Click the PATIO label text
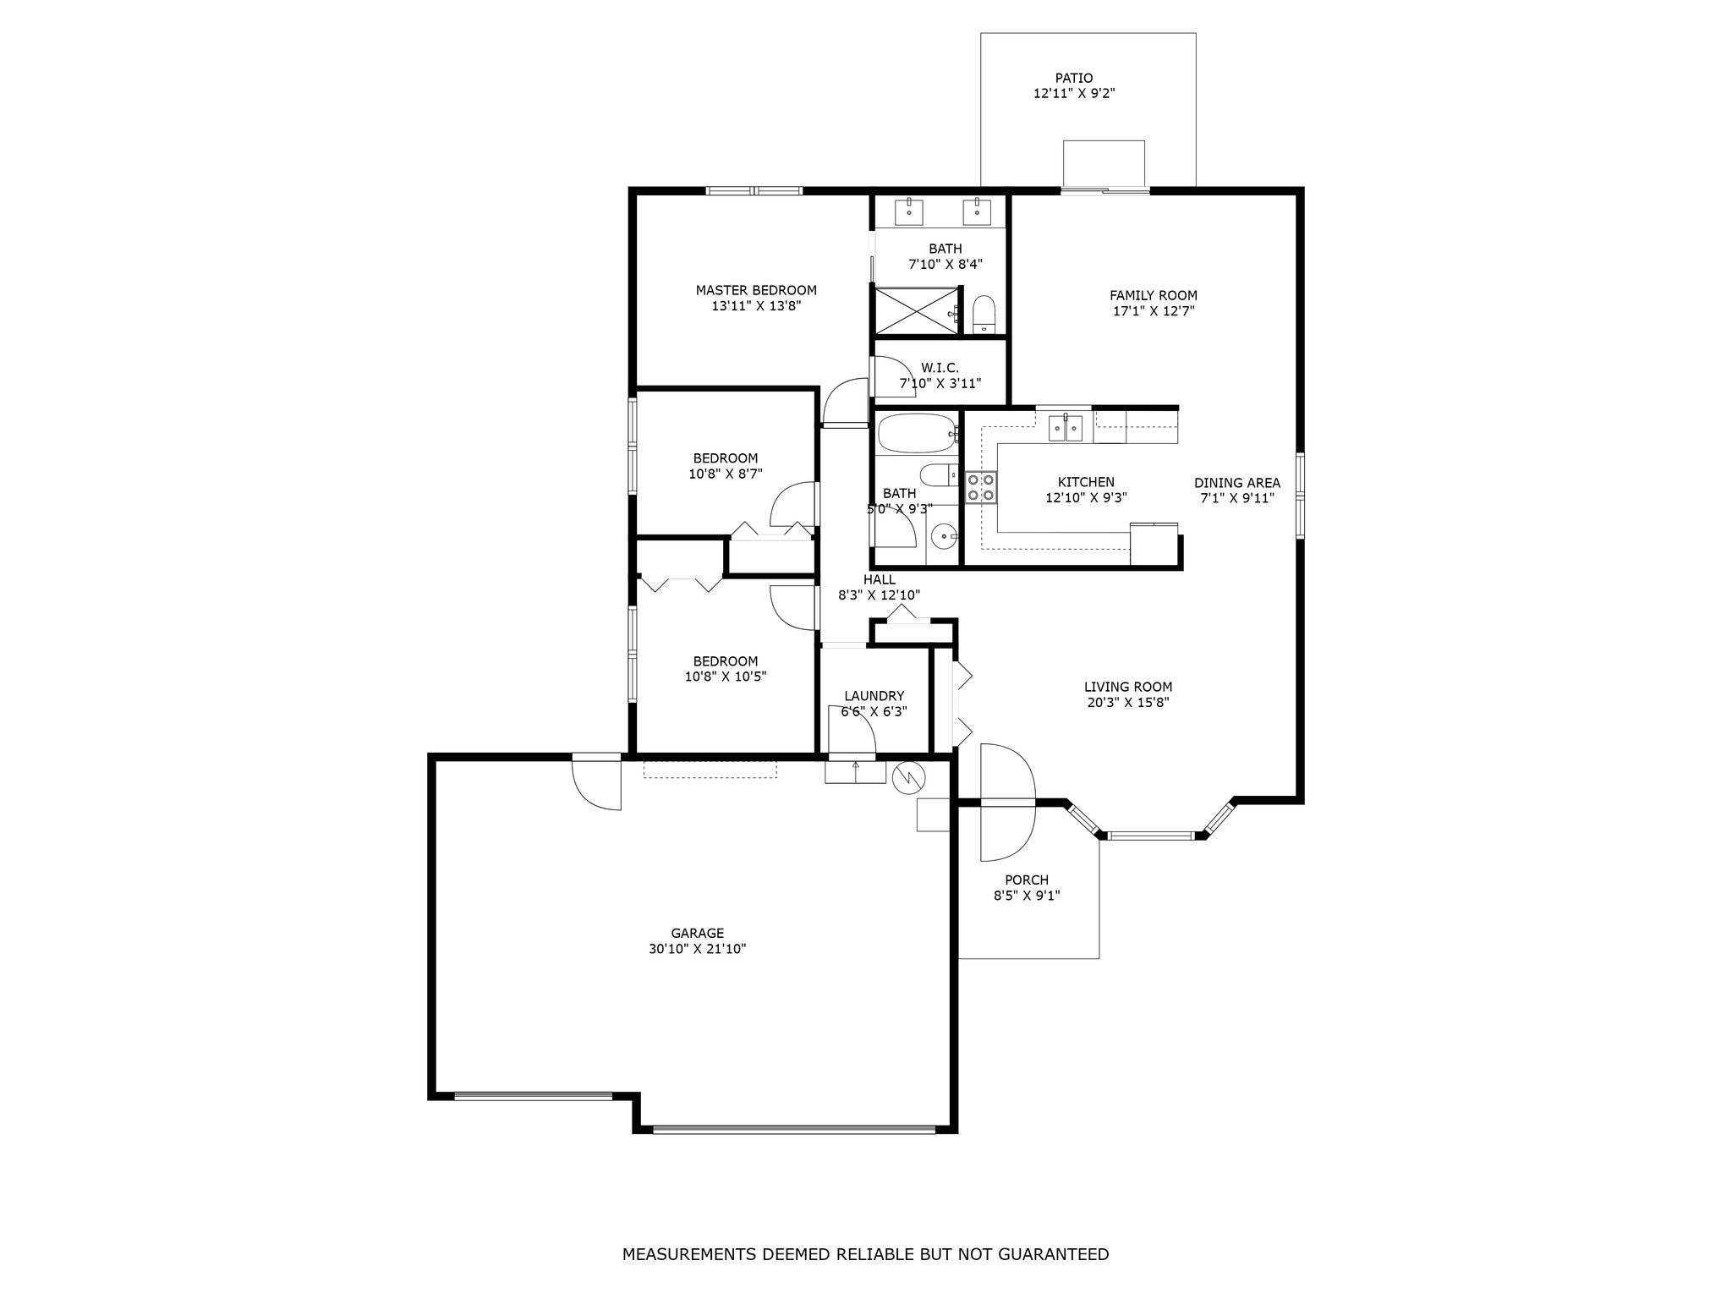(1074, 79)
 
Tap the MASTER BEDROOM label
(756, 290)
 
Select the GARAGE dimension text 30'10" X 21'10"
(698, 949)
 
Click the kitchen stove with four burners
(982, 486)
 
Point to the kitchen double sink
(1066, 428)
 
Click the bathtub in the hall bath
(917, 433)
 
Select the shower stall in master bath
(917, 310)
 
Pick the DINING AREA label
(1237, 483)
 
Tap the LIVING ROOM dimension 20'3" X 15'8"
(1128, 702)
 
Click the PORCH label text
(1027, 880)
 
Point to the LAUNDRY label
(874, 696)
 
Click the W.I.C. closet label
(940, 368)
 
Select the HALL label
(880, 579)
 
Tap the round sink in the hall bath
(944, 535)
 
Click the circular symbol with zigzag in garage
(909, 777)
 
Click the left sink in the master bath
(909, 209)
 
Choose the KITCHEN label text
(1086, 482)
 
